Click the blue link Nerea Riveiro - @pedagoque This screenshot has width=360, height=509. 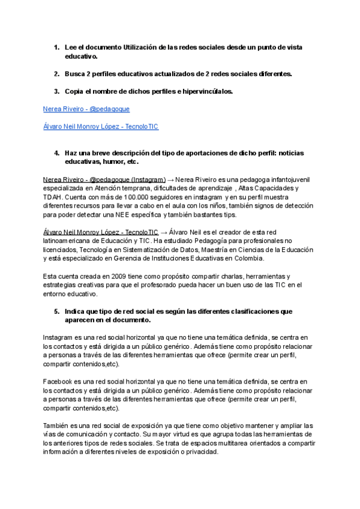pos(86,109)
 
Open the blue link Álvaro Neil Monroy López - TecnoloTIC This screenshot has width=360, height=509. pos(101,127)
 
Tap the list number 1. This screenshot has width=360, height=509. pos(56,47)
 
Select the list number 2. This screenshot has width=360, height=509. pos(56,74)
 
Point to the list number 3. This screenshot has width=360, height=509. pos(56,91)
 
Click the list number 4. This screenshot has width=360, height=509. pos(56,153)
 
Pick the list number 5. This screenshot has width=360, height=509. pos(56,312)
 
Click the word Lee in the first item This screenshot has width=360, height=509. pos(71,47)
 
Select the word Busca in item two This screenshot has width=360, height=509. pos(75,74)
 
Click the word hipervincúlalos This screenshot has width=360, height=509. pos(206,91)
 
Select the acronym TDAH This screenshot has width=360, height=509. pos(53,197)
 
